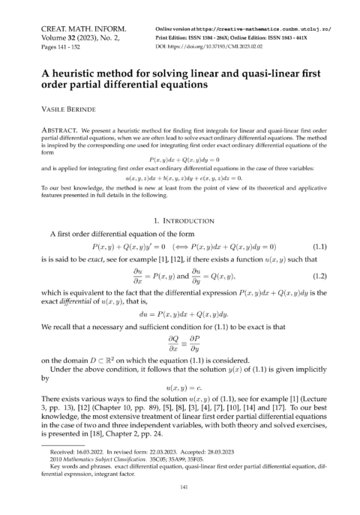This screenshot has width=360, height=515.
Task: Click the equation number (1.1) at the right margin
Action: coord(319,247)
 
